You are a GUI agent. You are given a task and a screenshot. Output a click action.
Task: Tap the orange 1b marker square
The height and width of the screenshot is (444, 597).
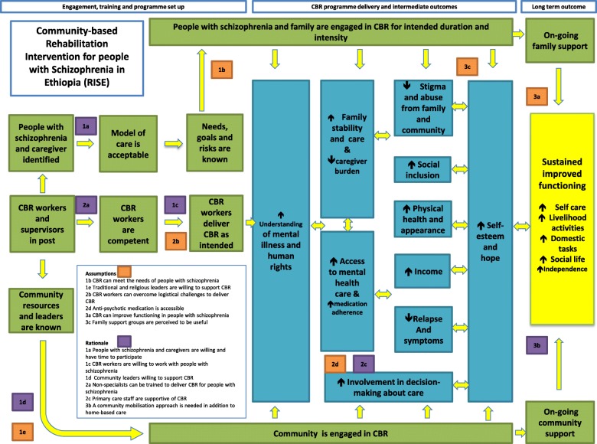[222, 70]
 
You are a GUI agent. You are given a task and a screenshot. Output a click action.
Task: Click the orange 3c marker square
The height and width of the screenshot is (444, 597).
[468, 66]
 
